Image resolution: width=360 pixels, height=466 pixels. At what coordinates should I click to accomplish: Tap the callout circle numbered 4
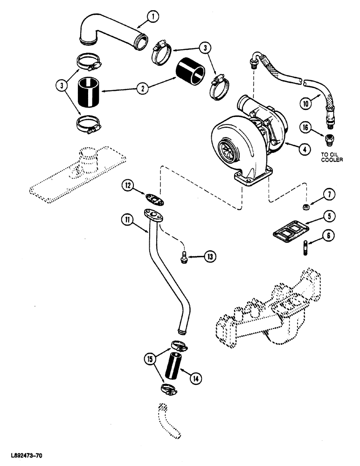point(304,150)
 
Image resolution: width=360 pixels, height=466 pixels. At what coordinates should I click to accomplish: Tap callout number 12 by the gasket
point(128,185)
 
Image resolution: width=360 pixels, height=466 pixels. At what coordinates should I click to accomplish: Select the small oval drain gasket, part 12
point(149,198)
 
